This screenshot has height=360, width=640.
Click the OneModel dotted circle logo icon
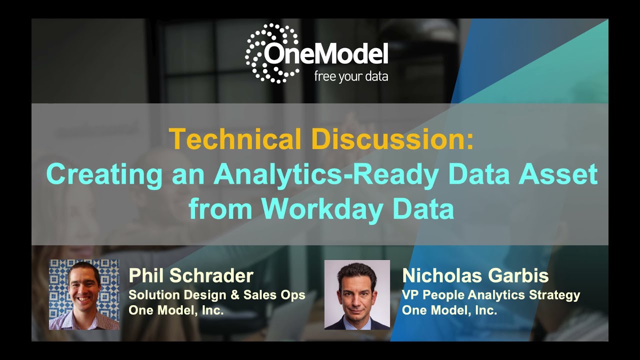point(270,53)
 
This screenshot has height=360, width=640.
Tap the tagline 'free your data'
point(350,76)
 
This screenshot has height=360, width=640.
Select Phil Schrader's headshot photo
point(84,294)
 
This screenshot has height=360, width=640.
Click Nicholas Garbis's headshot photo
point(357,294)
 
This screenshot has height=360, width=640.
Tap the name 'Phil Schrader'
point(191,276)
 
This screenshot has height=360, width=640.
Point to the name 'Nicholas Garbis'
point(475,276)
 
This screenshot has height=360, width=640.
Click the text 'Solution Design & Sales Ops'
point(216,295)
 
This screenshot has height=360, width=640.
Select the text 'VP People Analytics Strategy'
point(491,295)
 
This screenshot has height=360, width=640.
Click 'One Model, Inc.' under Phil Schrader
point(176,310)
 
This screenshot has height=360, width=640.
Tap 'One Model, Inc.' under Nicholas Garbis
point(449,310)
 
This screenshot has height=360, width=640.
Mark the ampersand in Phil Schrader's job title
point(234,295)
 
